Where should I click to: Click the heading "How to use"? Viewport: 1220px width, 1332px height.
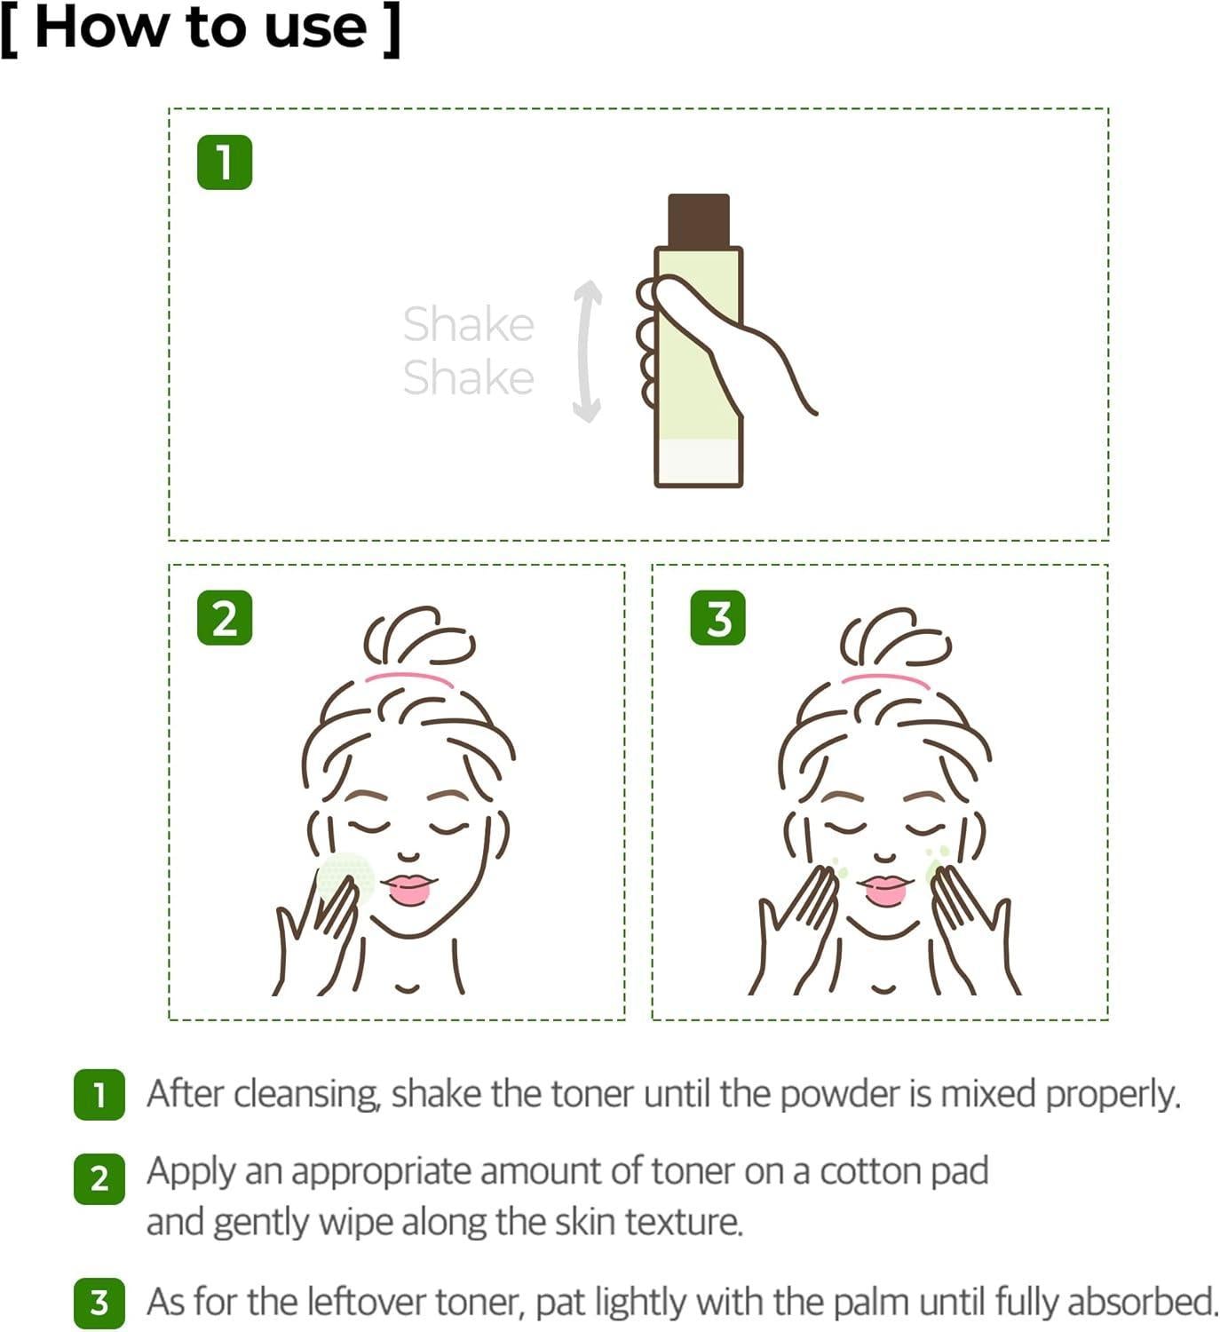click(x=201, y=28)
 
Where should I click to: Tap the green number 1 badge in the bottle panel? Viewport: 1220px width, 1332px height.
click(x=225, y=163)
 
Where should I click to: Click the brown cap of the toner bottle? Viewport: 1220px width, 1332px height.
click(x=699, y=219)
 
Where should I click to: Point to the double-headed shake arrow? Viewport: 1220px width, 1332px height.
click(x=587, y=351)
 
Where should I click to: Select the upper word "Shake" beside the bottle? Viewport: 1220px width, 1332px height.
click(x=468, y=324)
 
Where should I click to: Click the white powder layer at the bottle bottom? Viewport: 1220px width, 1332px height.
click(x=698, y=462)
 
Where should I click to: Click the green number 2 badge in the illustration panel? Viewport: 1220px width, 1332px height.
click(x=225, y=618)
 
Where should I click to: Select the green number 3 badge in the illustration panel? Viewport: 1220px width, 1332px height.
click(x=717, y=618)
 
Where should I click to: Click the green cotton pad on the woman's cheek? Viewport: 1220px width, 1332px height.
click(x=345, y=874)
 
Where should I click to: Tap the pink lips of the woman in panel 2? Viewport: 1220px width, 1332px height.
click(x=408, y=889)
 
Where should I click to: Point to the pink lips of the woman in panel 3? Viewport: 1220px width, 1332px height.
click(x=884, y=889)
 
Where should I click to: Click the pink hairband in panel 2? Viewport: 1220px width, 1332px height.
click(x=408, y=679)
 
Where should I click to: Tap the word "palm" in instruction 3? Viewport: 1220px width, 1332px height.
click(x=874, y=1302)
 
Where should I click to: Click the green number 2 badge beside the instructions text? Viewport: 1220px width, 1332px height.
click(x=99, y=1178)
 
